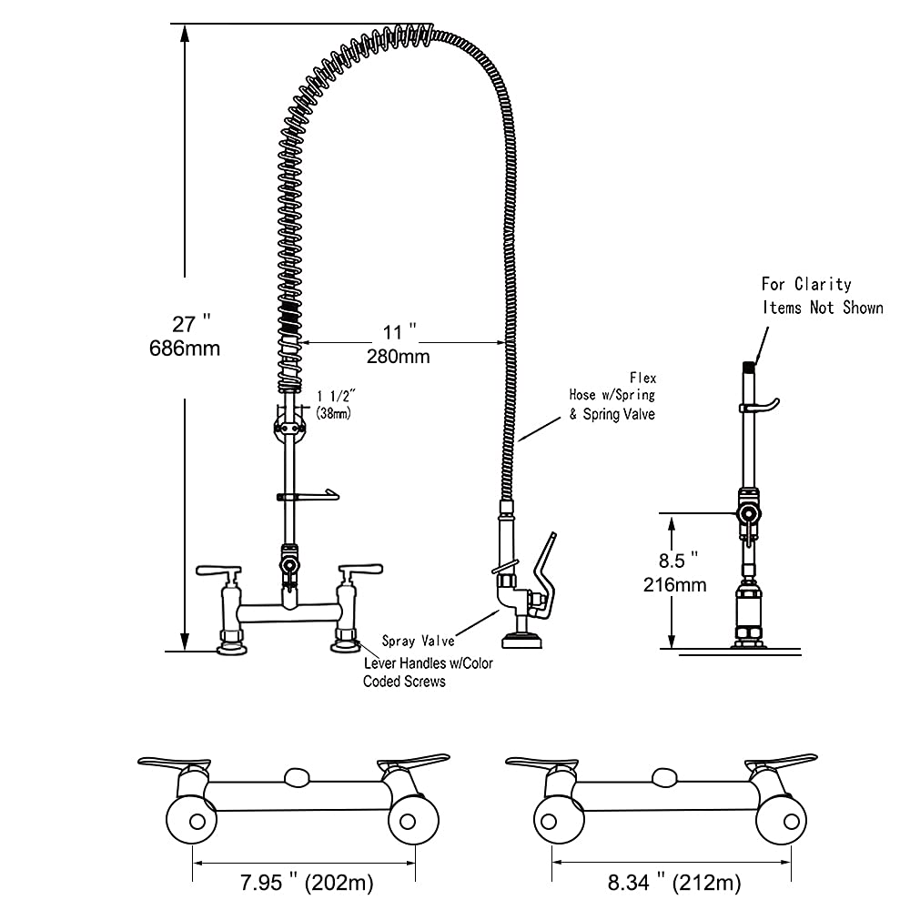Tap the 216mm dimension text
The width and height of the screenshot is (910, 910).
(x=674, y=583)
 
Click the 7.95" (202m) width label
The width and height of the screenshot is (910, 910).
(x=305, y=882)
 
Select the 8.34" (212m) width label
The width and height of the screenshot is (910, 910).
(x=672, y=882)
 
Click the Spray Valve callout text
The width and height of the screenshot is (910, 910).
(x=418, y=641)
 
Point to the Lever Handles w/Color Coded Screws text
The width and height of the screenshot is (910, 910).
(x=428, y=672)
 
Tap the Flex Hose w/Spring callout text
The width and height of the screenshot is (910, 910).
(x=612, y=395)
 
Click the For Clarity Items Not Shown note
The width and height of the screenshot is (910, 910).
(x=822, y=296)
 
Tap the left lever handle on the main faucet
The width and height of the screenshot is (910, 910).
(x=218, y=571)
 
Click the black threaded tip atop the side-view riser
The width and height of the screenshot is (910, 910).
(x=747, y=367)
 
